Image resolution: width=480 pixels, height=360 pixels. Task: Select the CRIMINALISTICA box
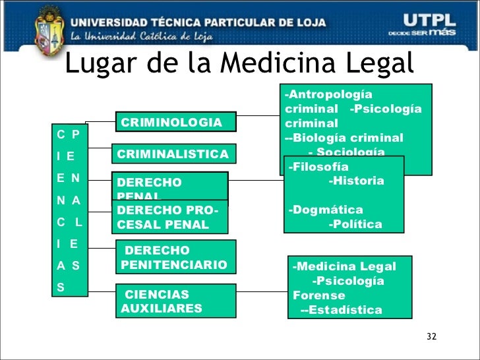point(173,155)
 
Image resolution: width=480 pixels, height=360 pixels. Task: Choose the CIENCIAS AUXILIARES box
point(176,301)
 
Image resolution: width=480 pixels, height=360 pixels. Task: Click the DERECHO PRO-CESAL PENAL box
point(170,217)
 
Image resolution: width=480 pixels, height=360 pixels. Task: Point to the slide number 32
point(431,337)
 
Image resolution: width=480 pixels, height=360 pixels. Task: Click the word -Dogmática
point(326,210)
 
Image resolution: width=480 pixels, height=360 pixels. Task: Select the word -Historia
point(356,181)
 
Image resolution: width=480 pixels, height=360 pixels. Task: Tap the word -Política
point(355,224)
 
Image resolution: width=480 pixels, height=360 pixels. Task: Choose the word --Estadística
point(341,310)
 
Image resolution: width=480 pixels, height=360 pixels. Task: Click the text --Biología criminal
point(344,138)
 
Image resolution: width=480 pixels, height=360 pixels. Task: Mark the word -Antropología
point(328,95)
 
